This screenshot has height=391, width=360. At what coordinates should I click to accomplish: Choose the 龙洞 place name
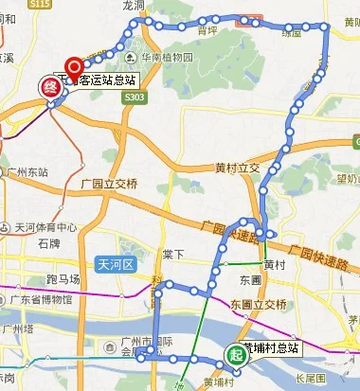pos(135,6)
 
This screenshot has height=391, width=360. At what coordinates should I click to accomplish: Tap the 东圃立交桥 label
pos(258,303)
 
